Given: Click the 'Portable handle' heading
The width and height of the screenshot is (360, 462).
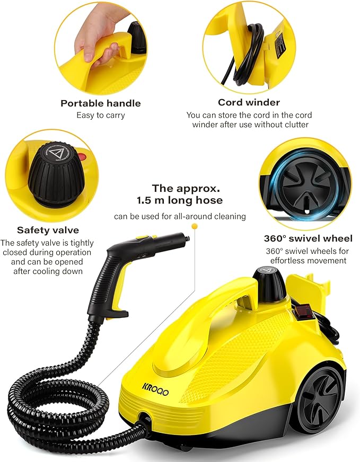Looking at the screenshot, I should (x=100, y=103).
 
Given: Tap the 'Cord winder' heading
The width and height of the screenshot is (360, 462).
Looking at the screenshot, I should (x=249, y=102).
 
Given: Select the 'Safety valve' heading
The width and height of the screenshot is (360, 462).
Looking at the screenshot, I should (x=48, y=230).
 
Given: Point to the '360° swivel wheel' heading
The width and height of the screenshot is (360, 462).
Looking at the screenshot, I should (x=308, y=238).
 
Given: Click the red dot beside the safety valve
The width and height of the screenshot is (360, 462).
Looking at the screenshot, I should (x=82, y=157).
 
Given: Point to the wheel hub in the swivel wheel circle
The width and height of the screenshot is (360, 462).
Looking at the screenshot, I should (x=308, y=182).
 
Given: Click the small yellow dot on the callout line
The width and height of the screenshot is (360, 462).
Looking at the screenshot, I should (x=194, y=226).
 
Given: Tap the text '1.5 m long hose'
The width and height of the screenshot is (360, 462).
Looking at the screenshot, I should (x=188, y=200).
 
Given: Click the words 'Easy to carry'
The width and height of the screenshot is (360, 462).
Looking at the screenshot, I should (x=100, y=115).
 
